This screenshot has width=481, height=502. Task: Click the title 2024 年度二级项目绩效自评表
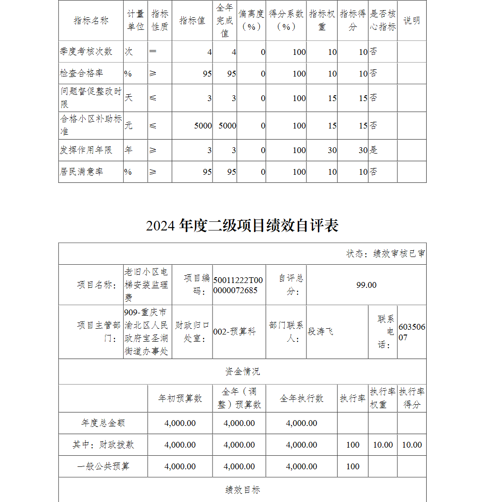pyautogui.click(x=242, y=226)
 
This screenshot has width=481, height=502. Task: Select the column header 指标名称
pyautogui.click(x=91, y=21)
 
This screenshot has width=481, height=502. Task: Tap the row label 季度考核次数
pyautogui.click(x=86, y=51)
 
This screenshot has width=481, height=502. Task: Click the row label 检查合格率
pyautogui.click(x=81, y=73)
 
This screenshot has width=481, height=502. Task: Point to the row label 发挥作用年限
pyautogui.click(x=86, y=150)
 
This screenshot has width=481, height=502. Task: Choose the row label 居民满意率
pyautogui.click(x=81, y=172)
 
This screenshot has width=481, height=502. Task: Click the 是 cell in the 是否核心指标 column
pyautogui.click(x=374, y=150)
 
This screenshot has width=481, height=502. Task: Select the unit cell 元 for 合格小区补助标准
pyautogui.click(x=128, y=126)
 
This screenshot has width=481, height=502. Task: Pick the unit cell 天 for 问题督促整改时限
pyautogui.click(x=128, y=98)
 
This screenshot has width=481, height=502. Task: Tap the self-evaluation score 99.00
pyautogui.click(x=366, y=285)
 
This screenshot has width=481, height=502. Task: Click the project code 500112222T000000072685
pyautogui.click(x=238, y=285)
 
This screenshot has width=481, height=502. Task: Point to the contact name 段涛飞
pyautogui.click(x=320, y=332)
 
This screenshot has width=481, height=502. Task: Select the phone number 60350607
pyautogui.click(x=412, y=332)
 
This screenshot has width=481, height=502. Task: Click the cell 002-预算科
pyautogui.click(x=234, y=332)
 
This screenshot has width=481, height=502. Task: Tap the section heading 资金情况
pyautogui.click(x=242, y=372)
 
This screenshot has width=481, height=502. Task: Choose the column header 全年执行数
pyautogui.click(x=302, y=399)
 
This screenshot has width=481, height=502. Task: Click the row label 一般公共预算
pyautogui.click(x=103, y=466)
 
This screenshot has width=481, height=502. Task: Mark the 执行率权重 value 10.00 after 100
pyautogui.click(x=383, y=445)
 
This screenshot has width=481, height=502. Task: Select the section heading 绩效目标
pyautogui.click(x=242, y=490)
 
